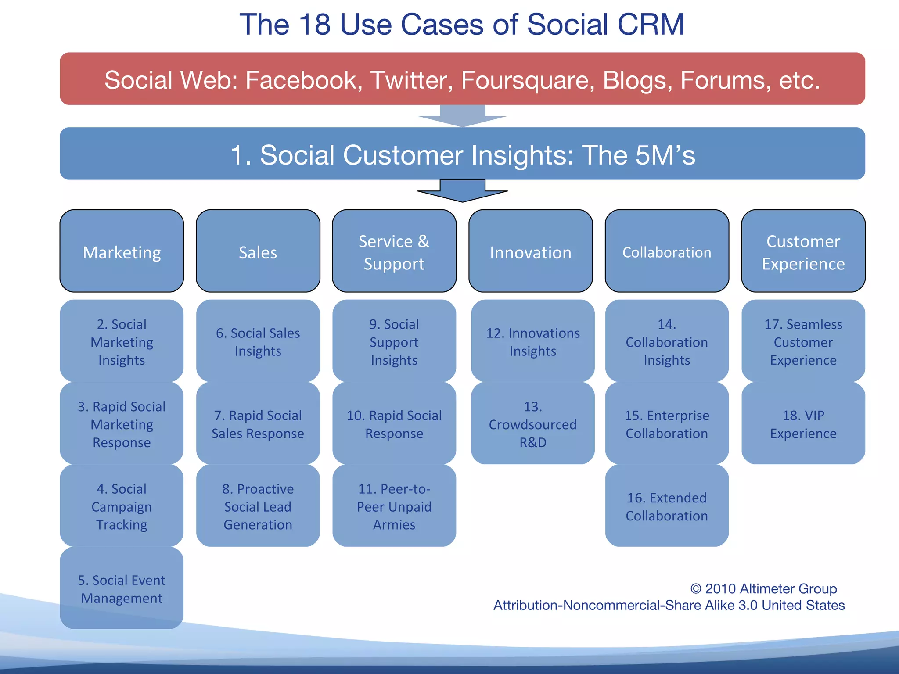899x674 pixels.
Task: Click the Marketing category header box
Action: pyautogui.click(x=122, y=251)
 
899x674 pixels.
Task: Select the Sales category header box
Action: pyautogui.click(x=258, y=251)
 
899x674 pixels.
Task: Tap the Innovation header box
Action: pyautogui.click(x=530, y=251)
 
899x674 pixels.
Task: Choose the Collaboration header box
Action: pyautogui.click(x=667, y=251)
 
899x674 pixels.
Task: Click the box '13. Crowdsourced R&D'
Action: pyautogui.click(x=532, y=423)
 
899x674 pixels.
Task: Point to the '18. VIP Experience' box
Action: pyautogui.click(x=803, y=423)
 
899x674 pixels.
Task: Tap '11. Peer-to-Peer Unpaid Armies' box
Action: pyautogui.click(x=394, y=506)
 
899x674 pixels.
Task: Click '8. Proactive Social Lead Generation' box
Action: pyautogui.click(x=258, y=506)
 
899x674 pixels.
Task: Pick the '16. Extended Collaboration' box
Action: pyautogui.click(x=667, y=506)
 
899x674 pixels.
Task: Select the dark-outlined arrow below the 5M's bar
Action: pyautogui.click(x=462, y=191)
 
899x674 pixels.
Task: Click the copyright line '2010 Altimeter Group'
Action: pyautogui.click(x=763, y=588)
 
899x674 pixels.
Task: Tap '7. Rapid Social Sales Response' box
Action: pyautogui.click(x=258, y=423)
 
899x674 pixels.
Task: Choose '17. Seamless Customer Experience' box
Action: pyautogui.click(x=803, y=341)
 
